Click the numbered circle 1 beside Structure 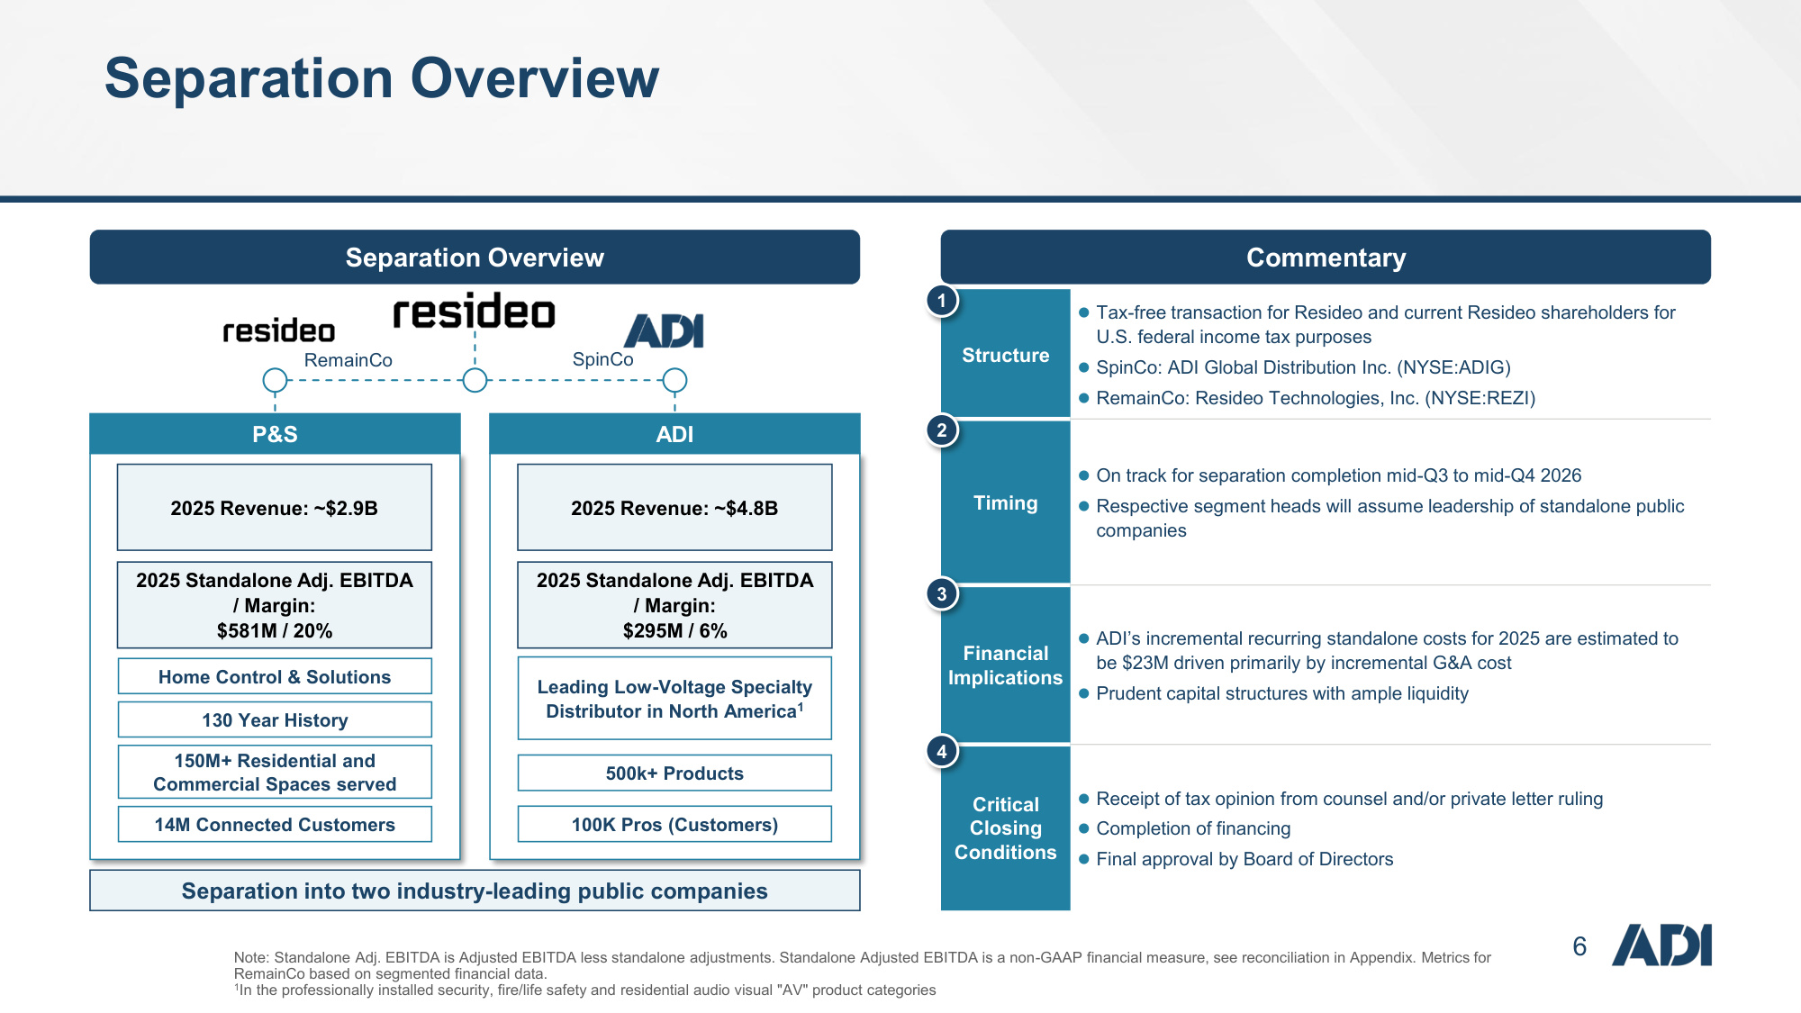942,301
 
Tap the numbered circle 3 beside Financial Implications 942,594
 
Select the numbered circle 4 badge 942,752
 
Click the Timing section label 1005,503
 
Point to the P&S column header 275,434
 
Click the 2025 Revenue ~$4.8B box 674,508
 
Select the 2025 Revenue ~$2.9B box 275,508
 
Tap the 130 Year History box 275,720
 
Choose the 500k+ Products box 674,773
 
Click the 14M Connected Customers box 275,825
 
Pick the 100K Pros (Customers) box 674,825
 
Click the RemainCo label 348,360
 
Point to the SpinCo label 603,359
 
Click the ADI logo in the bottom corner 1661,945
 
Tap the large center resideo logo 475,312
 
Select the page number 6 1579,946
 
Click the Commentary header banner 1326,258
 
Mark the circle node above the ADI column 674,381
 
